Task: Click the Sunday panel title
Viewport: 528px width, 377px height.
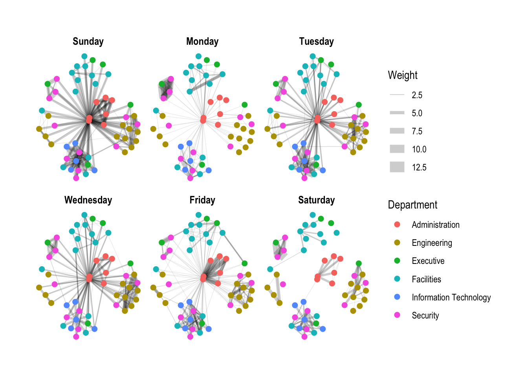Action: click(x=88, y=42)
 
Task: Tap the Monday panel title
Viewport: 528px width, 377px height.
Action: click(x=202, y=42)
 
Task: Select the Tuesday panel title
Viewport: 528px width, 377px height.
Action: click(x=316, y=42)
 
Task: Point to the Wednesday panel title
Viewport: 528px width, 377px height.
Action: click(x=88, y=200)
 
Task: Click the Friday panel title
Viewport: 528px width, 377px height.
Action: click(x=202, y=200)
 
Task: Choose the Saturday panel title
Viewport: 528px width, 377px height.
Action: click(x=316, y=200)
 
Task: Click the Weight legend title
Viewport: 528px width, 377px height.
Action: click(x=403, y=75)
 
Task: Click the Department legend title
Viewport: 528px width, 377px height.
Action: click(x=412, y=205)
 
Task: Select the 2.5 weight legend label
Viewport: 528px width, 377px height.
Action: click(x=417, y=95)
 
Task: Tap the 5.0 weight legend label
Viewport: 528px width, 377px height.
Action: click(x=417, y=113)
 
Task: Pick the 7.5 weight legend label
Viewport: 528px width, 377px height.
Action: click(x=417, y=131)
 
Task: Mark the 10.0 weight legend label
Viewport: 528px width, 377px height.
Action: click(x=419, y=149)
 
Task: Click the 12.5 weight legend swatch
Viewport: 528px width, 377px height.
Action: click(x=397, y=167)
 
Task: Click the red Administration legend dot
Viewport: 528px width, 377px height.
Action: click(x=397, y=225)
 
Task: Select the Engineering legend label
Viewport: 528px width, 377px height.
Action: click(x=432, y=243)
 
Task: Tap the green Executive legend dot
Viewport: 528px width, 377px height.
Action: click(x=397, y=261)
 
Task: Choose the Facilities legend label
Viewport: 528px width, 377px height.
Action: click(x=426, y=279)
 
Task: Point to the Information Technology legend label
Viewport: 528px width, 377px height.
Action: click(x=451, y=297)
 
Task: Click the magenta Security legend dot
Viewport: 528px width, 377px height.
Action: click(x=397, y=315)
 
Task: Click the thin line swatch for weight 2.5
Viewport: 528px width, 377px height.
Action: click(x=397, y=95)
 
